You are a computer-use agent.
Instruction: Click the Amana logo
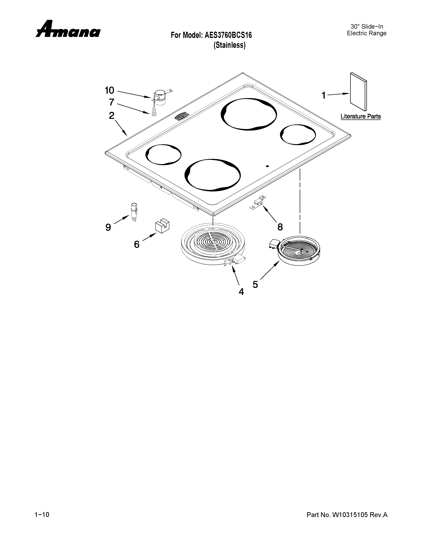coord(68,29)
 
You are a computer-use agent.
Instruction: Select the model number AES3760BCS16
coord(228,35)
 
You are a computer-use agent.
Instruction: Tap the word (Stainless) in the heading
coord(229,45)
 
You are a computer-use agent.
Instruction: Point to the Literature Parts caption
coord(360,116)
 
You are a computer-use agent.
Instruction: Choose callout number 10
coord(109,90)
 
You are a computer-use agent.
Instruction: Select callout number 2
coord(112,115)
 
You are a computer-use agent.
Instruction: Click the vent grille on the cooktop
coord(182,117)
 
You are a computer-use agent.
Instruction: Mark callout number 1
coord(324,95)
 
